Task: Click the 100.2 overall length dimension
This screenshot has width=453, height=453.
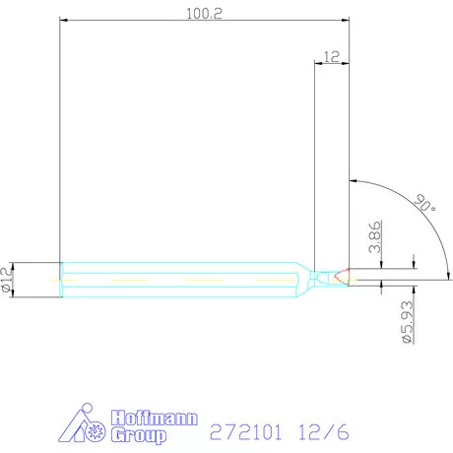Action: [203, 13]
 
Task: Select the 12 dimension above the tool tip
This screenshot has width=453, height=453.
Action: [331, 58]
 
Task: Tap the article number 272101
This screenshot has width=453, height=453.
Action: [246, 431]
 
